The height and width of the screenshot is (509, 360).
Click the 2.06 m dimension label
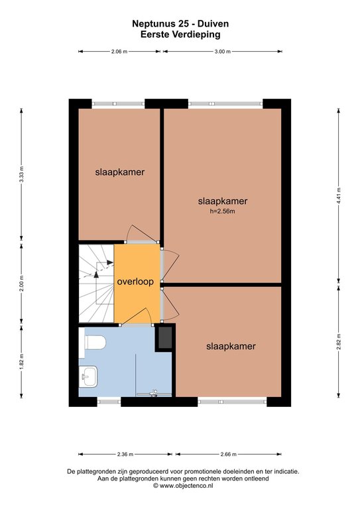tap(119, 51)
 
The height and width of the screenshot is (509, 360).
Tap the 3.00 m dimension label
tap(223, 51)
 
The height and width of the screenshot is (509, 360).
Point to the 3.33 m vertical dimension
tap(21, 174)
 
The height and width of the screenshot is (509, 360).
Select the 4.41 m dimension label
tap(339, 196)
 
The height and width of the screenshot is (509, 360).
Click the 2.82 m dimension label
tap(339, 342)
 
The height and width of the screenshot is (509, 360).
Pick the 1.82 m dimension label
tap(21, 361)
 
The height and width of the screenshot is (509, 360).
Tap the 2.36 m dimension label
tap(125, 454)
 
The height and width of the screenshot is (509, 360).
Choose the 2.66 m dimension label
tap(229, 454)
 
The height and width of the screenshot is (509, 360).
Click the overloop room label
tap(135, 282)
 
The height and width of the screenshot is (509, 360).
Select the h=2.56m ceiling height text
tap(222, 211)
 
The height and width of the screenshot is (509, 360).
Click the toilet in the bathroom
tap(95, 343)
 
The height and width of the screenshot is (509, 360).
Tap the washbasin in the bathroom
tap(89, 376)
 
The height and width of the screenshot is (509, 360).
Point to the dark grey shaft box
tap(165, 337)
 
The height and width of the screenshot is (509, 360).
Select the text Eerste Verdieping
tap(180, 34)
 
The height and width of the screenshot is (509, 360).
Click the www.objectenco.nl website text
tap(186, 486)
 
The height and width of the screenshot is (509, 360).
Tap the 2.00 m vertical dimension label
tap(21, 284)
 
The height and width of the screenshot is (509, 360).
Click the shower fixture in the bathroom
tap(154, 394)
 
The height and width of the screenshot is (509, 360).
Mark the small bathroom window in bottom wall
tap(109, 402)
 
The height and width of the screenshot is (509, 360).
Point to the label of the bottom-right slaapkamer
tap(231, 347)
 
